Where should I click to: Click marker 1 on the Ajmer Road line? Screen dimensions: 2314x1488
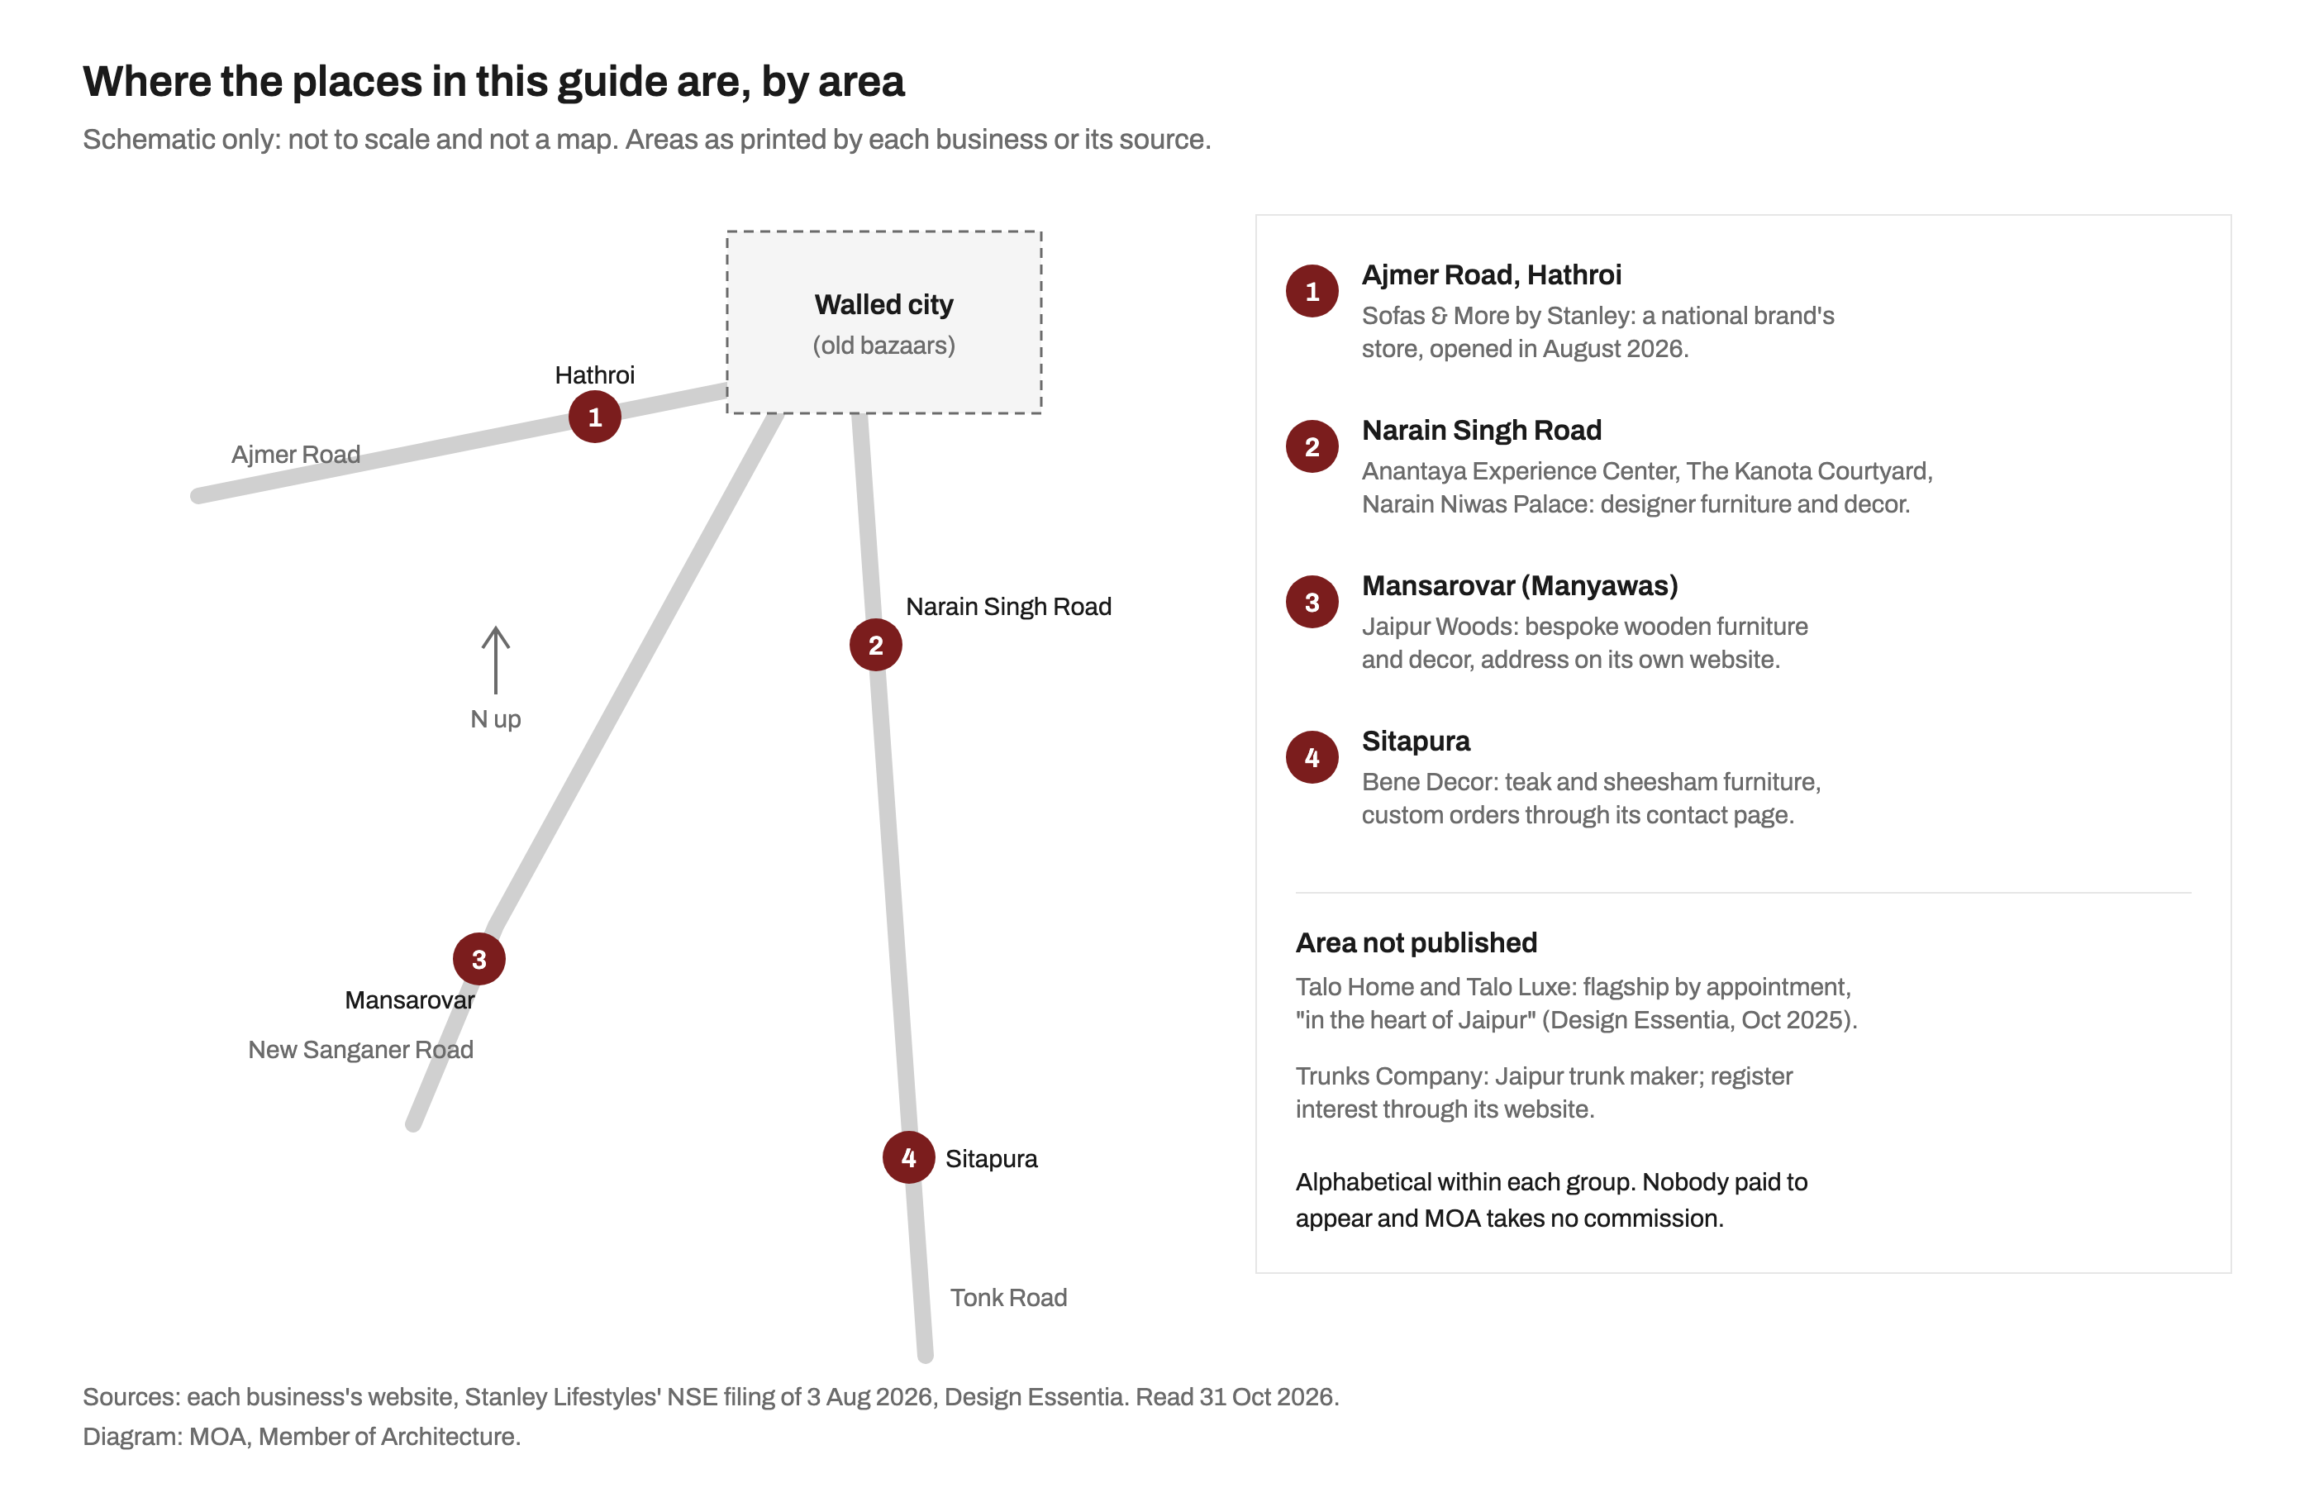[594, 417]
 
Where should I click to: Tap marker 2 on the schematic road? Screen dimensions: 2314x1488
[875, 645]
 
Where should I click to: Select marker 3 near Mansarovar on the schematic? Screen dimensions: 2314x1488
[479, 958]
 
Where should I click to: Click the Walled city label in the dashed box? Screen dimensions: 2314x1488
[883, 304]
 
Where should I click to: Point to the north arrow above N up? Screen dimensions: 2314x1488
[495, 660]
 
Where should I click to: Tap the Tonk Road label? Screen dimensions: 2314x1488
[1007, 1297]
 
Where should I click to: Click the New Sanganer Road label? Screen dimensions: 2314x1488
[360, 1049]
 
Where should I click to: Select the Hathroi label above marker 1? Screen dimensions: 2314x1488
[594, 375]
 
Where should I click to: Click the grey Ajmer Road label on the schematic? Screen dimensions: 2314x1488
[296, 454]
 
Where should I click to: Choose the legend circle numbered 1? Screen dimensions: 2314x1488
[1312, 291]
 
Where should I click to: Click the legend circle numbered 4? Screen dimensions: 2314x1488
[1312, 756]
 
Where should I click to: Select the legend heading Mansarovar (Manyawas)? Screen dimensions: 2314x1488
[1519, 585]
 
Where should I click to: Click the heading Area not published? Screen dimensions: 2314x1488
[1416, 942]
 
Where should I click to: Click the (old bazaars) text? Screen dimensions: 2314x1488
[883, 345]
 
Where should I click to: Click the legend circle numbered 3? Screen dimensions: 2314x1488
[1312, 601]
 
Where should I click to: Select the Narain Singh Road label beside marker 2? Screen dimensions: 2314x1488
[1007, 607]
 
